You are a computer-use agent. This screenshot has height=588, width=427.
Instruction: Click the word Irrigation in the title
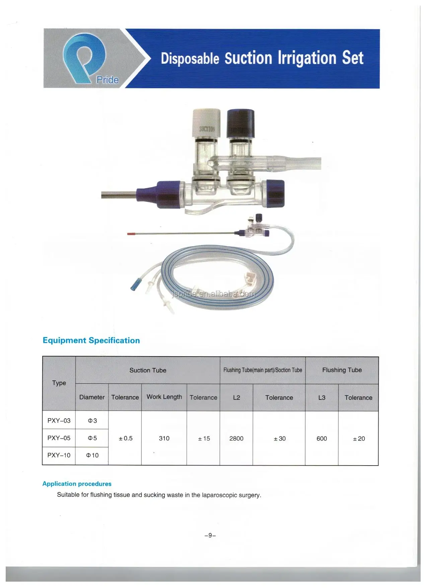click(306, 58)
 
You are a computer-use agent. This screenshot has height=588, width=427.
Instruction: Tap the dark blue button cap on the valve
click(240, 123)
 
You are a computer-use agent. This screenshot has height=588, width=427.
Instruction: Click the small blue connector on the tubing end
click(134, 283)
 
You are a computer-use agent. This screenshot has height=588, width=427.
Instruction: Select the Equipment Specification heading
click(91, 340)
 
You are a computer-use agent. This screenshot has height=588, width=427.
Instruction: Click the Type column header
click(59, 383)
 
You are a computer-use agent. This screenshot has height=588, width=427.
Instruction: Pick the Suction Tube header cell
click(148, 370)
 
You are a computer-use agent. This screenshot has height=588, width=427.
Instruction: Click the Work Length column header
click(164, 397)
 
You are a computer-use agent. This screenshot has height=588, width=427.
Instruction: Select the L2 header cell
click(236, 397)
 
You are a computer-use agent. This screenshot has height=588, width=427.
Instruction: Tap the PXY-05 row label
click(59, 438)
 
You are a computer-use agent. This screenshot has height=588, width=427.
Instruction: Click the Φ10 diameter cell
click(92, 456)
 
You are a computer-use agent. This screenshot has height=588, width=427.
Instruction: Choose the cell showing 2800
click(236, 438)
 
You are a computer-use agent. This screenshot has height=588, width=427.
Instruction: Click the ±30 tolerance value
click(279, 438)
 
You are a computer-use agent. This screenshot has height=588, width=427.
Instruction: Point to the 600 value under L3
click(322, 438)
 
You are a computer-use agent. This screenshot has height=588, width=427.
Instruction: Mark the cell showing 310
click(164, 438)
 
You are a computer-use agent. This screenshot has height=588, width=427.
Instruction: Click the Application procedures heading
click(77, 484)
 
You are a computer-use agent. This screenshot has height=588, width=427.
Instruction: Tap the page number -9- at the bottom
click(210, 535)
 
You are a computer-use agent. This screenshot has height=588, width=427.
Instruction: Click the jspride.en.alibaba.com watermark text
click(213, 294)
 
